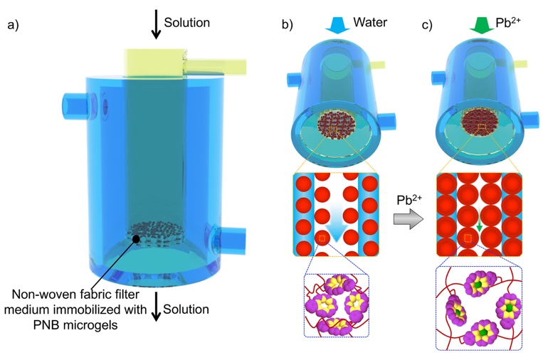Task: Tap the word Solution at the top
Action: pos(186,23)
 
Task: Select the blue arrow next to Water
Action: pos(333,24)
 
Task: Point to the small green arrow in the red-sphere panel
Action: pos(480,228)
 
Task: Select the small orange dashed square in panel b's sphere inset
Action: pos(323,237)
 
